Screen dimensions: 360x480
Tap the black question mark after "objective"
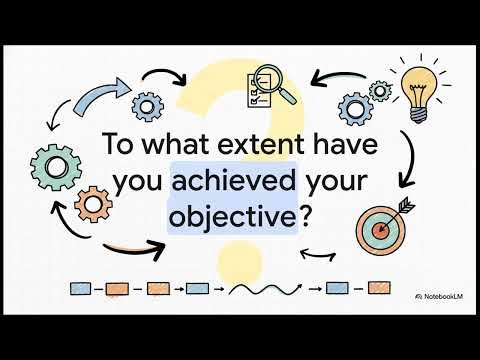tap(306, 217)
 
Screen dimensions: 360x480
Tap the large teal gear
tap(52, 165)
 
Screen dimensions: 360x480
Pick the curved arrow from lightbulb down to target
tap(411, 160)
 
